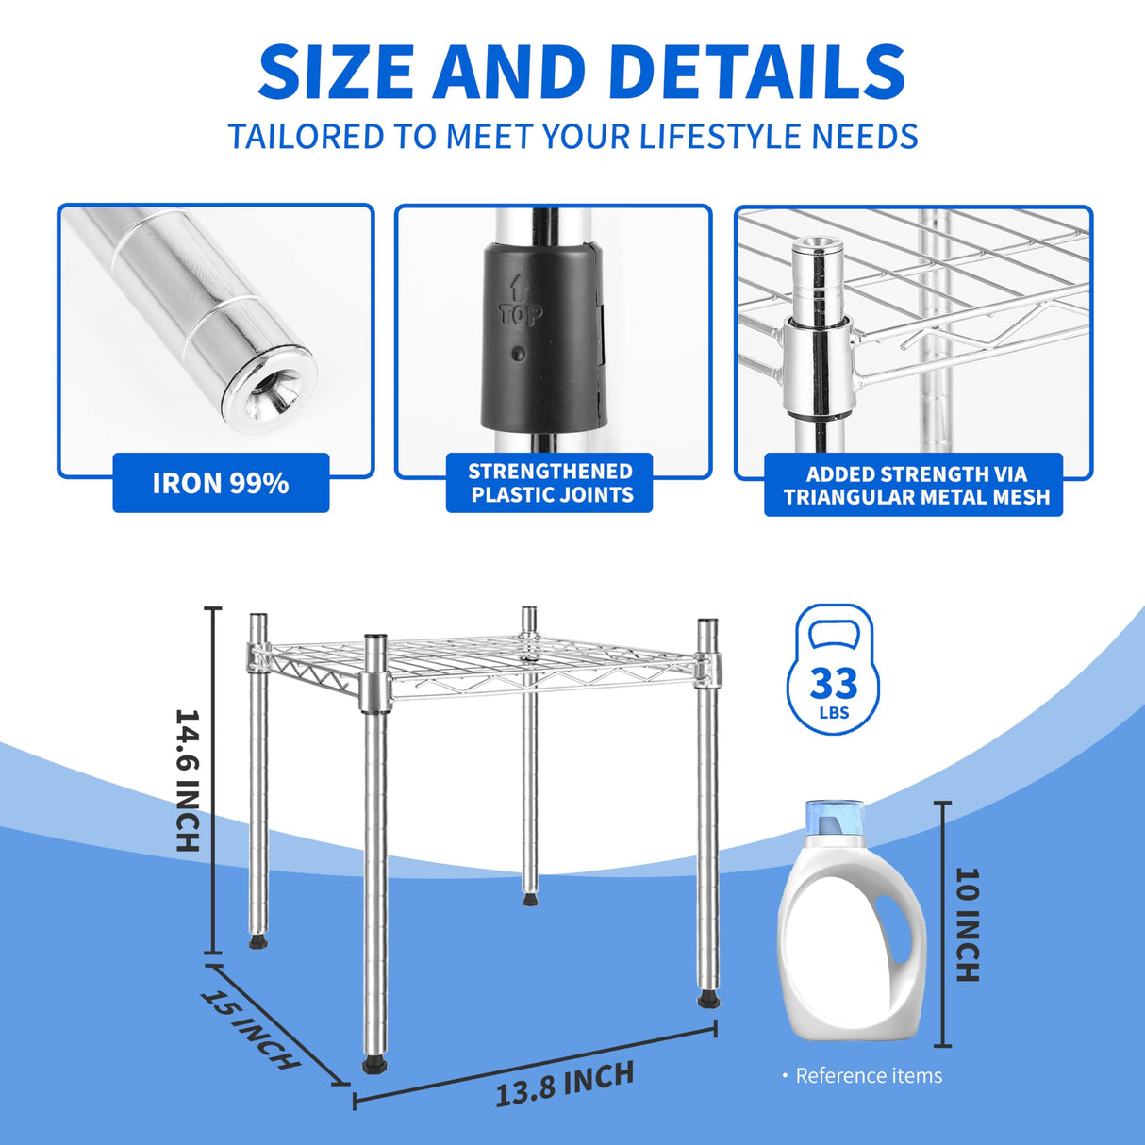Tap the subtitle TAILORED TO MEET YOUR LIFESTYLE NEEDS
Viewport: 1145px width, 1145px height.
(x=572, y=137)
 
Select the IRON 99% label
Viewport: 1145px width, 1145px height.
(x=221, y=483)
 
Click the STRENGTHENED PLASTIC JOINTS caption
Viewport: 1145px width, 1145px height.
(x=550, y=483)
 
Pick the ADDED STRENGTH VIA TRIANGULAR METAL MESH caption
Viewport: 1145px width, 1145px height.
(x=914, y=485)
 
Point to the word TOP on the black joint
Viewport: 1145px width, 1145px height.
(x=520, y=312)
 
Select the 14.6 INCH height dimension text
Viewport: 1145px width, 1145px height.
(x=189, y=780)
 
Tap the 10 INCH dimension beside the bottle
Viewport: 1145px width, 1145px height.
(x=968, y=924)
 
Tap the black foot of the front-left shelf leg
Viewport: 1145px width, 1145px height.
(x=374, y=1066)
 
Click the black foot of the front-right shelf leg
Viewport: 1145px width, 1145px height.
(x=708, y=999)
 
